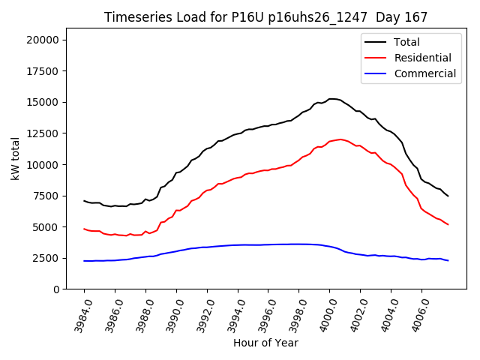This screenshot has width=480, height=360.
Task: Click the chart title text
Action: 260,17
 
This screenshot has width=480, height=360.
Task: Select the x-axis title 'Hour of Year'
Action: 265,343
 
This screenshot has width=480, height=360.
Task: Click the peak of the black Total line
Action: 332,98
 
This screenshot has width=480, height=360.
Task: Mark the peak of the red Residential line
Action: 340,139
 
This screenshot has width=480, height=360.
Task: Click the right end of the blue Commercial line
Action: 448,260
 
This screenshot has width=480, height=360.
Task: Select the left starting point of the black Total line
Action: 84,200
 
